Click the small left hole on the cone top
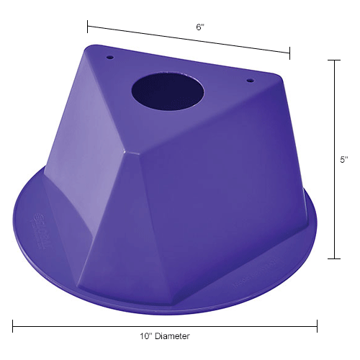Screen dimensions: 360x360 [x=110, y=55]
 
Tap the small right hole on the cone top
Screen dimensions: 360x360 [x=251, y=80]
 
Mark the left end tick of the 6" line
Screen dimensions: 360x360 [x=88, y=27]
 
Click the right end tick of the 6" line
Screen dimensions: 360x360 [x=290, y=53]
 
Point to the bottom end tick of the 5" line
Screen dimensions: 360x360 [x=335, y=258]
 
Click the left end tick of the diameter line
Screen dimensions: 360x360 [x=13, y=326]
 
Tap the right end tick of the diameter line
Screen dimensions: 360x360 [x=317, y=326]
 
